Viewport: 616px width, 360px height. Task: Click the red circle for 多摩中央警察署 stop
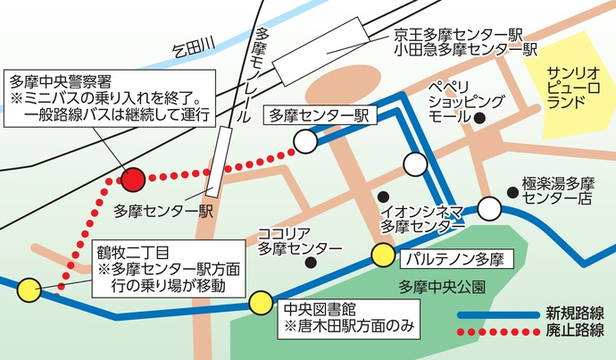pyautogui.click(x=132, y=180)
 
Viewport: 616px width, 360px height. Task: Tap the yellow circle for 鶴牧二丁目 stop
pyautogui.click(x=29, y=289)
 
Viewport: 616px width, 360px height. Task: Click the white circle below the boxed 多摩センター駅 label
pyautogui.click(x=305, y=141)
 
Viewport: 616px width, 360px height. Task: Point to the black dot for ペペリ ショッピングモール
pyautogui.click(x=479, y=117)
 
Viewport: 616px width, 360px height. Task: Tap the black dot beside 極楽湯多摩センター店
pyautogui.click(x=512, y=190)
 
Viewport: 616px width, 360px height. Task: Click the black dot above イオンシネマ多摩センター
pyautogui.click(x=383, y=196)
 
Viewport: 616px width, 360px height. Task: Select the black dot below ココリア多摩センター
pyautogui.click(x=311, y=263)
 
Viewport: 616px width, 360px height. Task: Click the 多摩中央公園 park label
pyautogui.click(x=443, y=287)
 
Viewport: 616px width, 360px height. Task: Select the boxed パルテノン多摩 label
pyautogui.click(x=453, y=259)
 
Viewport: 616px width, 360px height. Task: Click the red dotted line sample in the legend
pyautogui.click(x=497, y=332)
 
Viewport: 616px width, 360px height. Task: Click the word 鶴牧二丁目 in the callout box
pyautogui.click(x=134, y=251)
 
